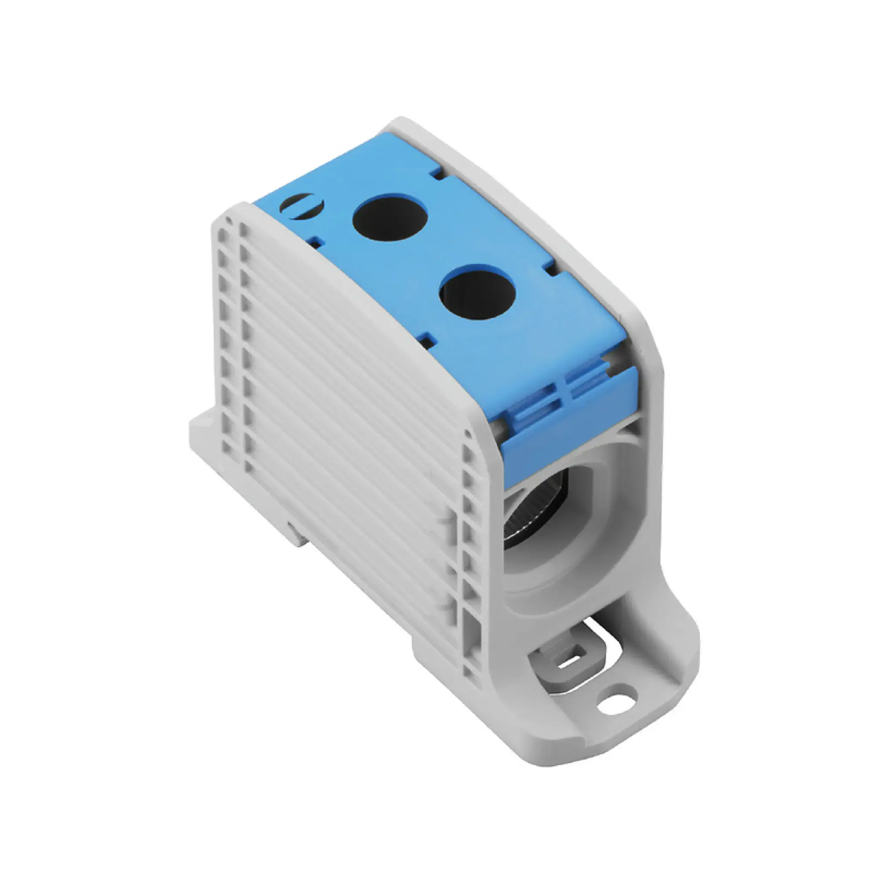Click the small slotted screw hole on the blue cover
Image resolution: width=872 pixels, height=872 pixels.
click(302, 206)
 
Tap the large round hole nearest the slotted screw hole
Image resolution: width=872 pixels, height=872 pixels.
click(390, 217)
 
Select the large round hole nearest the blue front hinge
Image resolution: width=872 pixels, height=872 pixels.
click(477, 292)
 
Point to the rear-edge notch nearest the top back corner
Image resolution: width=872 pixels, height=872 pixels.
click(435, 172)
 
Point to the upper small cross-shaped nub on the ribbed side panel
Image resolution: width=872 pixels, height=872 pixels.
click(446, 524)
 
